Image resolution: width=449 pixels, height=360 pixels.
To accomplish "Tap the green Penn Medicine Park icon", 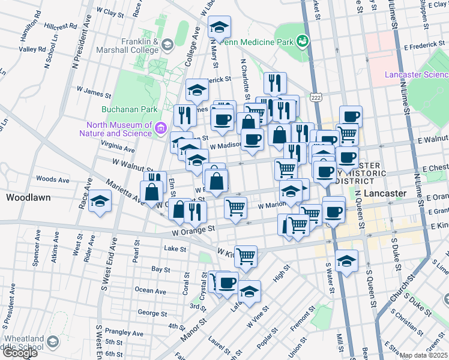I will click(x=303, y=41).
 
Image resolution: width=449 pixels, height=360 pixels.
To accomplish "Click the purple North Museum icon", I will click(x=160, y=128).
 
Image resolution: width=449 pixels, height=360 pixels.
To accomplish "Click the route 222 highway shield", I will click(x=315, y=97).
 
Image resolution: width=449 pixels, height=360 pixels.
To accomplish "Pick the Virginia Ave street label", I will click(x=118, y=145).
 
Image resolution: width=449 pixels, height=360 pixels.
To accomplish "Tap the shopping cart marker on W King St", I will click(x=246, y=256).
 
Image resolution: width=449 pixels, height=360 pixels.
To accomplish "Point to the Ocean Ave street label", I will click(x=151, y=290).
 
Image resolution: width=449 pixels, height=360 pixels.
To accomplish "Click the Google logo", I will click(x=19, y=353).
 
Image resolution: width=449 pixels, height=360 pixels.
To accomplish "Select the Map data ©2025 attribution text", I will click(x=424, y=355).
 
